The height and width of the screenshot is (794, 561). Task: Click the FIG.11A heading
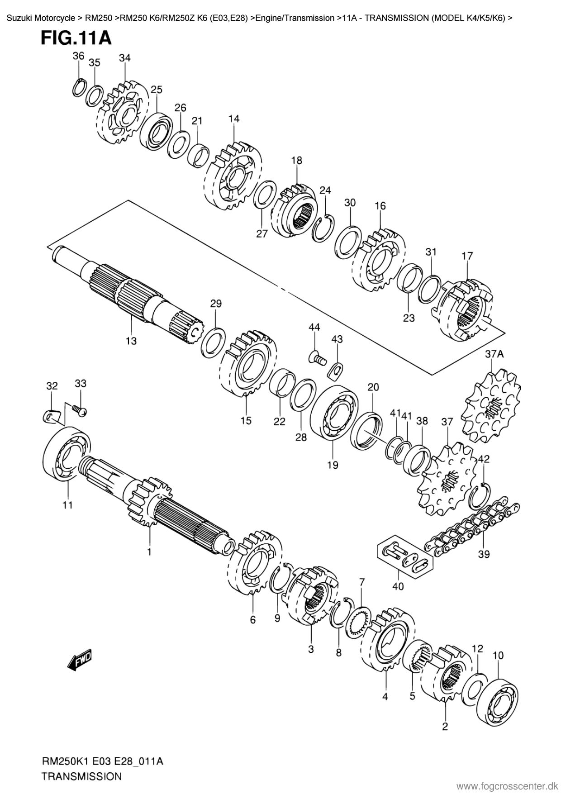click(x=76, y=38)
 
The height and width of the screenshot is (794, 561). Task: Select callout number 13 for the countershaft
click(x=131, y=341)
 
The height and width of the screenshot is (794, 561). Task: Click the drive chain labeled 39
click(x=471, y=526)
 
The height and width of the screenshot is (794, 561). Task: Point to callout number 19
click(x=333, y=465)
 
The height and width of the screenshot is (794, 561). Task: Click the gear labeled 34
click(x=122, y=113)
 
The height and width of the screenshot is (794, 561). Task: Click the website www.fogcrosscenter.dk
click(x=508, y=786)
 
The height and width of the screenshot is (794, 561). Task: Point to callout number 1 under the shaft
click(x=149, y=552)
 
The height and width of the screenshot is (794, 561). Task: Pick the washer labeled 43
click(x=335, y=369)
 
